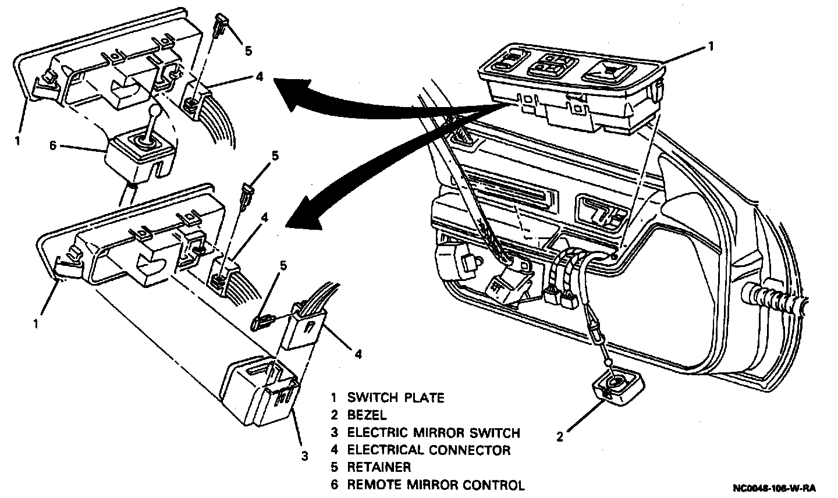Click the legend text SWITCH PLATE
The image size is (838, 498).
pyautogui.click(x=395, y=398)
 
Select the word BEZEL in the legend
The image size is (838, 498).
pyautogui.click(x=367, y=415)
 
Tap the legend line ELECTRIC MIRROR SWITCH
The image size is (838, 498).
pyautogui.click(x=433, y=433)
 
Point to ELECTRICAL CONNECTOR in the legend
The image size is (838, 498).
pyautogui.click(x=428, y=450)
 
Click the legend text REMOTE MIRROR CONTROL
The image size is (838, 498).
pyautogui.click(x=435, y=485)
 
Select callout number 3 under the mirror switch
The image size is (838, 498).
pyautogui.click(x=304, y=456)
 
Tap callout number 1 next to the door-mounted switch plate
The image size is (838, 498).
pyautogui.click(x=711, y=46)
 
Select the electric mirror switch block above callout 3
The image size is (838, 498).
pyautogui.click(x=261, y=390)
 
